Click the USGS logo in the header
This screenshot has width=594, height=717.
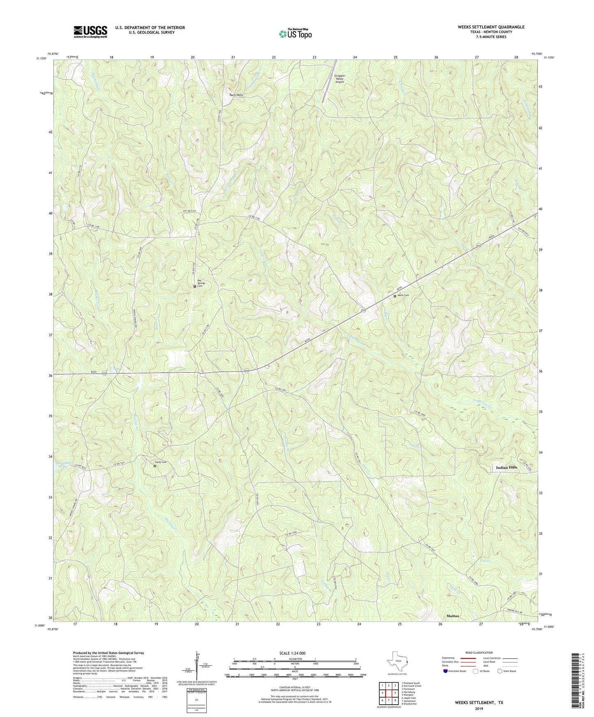pos(90,32)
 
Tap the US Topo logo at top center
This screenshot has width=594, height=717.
pos(295,33)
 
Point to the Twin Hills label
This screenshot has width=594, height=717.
pos(236,95)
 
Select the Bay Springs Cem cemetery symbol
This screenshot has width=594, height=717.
pos(195,286)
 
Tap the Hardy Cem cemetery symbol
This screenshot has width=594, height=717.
pos(155,466)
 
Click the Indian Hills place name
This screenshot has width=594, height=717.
pos(506,467)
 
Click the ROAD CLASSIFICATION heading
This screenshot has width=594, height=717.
pos(478,653)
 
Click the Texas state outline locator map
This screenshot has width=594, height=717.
pos(397,662)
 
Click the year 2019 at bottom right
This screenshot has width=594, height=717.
pos(478,709)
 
